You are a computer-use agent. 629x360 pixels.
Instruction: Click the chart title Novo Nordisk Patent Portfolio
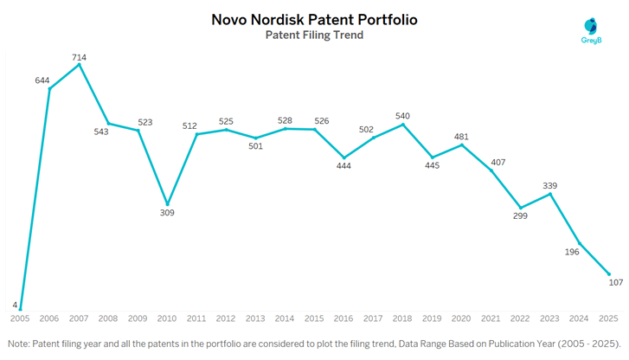(314, 18)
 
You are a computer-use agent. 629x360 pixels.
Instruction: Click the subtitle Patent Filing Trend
(314, 35)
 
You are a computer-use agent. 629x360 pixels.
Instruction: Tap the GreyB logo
(591, 30)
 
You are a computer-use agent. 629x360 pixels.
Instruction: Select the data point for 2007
(79, 64)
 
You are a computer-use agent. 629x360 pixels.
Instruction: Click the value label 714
(79, 57)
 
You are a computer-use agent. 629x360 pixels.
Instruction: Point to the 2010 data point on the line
(167, 204)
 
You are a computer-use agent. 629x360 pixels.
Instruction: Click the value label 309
(167, 213)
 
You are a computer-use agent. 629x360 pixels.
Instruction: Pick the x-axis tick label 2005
(20, 318)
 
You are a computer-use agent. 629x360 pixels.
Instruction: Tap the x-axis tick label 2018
(403, 318)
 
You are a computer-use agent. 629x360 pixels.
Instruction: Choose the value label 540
(402, 116)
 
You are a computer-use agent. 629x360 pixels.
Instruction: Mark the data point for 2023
(550, 193)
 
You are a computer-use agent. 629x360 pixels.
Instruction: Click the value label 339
(550, 185)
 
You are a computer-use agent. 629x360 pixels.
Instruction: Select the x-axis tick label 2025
(609, 318)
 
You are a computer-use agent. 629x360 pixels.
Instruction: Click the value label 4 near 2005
(15, 304)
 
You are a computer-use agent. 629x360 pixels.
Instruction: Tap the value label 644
(43, 80)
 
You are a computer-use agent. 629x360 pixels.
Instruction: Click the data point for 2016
(343, 157)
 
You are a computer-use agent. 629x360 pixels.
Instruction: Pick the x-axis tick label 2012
(226, 318)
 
